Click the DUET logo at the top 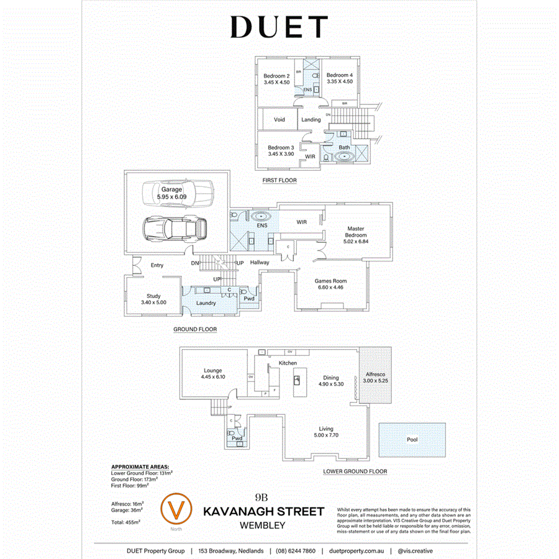click(x=279, y=27)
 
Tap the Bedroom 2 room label click(x=277, y=76)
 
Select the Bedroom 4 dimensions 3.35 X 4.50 click(x=340, y=81)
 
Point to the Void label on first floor click(x=279, y=119)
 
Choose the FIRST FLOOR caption click(x=279, y=181)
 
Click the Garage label click(x=172, y=189)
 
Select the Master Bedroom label click(x=355, y=232)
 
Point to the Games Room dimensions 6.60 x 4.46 click(x=330, y=288)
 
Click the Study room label click(x=153, y=296)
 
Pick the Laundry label click(x=206, y=303)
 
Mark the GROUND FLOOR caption click(x=195, y=330)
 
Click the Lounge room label click(x=212, y=370)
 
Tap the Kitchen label click(x=288, y=363)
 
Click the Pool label click(x=412, y=440)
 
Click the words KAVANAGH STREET click(x=264, y=512)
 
